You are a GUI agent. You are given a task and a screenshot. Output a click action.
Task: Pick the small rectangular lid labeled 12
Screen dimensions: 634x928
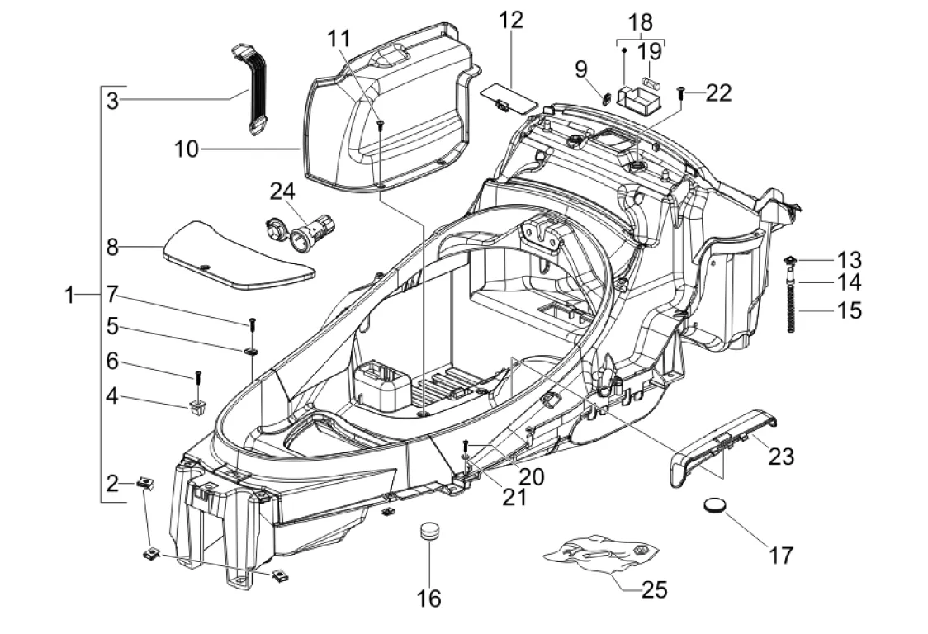tap(505, 93)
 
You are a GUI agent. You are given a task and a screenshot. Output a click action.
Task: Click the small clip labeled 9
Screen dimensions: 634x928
tap(607, 97)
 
